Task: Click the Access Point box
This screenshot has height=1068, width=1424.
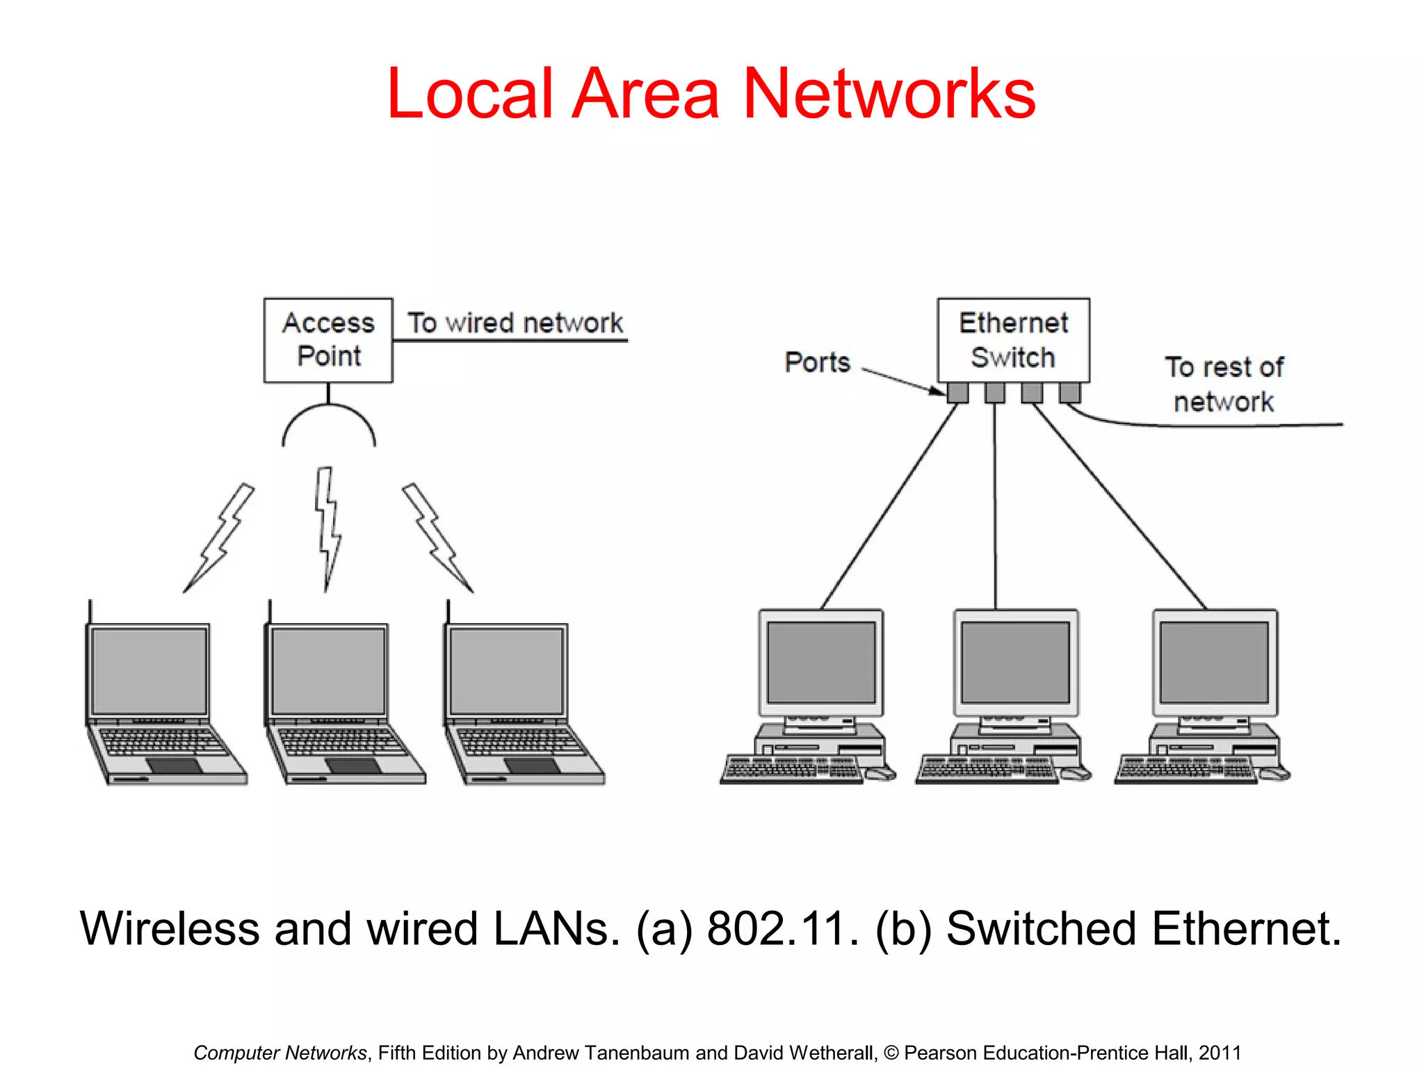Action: point(328,340)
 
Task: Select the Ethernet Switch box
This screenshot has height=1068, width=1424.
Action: point(1013,340)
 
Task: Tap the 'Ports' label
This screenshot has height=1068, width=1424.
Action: point(818,362)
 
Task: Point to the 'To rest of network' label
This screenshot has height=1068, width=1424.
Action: point(1224,385)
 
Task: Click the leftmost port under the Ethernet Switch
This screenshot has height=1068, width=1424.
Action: point(957,393)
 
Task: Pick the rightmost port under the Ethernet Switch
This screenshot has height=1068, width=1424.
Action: point(1069,393)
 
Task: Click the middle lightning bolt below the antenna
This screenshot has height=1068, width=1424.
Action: point(327,528)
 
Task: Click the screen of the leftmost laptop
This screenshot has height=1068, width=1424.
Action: point(149,670)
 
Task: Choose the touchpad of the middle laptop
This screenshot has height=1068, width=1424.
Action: point(353,766)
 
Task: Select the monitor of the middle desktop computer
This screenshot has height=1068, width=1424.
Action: point(1015,662)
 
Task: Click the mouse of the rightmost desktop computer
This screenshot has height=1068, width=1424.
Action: point(1274,773)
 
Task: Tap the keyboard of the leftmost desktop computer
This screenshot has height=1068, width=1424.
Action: point(791,769)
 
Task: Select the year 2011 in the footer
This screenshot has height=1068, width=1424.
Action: point(1220,1053)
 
